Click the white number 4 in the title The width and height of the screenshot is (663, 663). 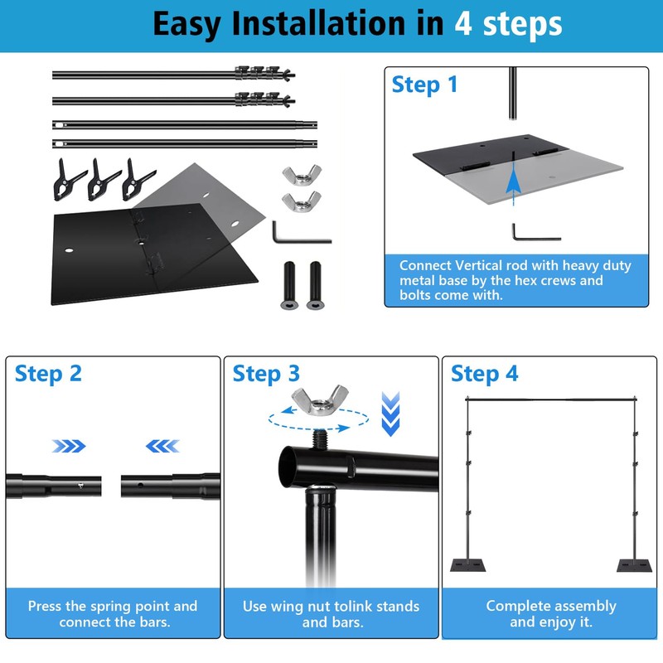pos(463,24)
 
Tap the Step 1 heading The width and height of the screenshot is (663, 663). pos(424,85)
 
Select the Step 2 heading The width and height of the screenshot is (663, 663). pos(48,375)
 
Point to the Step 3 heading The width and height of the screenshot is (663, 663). pos(266,375)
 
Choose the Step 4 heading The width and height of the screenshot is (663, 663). pos(484,375)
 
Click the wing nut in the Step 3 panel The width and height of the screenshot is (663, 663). pos(320,399)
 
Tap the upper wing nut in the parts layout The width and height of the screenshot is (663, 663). pos(302,175)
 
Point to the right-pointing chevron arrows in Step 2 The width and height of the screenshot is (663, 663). pos(69,446)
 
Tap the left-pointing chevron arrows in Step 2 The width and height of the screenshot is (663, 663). pos(162,446)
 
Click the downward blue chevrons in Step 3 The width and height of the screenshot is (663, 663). pos(390,414)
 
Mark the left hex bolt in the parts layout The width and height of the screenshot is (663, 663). pos(289,285)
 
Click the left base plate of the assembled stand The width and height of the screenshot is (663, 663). pos(467,565)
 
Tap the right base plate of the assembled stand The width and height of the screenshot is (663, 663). pos(634,565)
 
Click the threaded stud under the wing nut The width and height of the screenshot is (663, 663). pos(320,438)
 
